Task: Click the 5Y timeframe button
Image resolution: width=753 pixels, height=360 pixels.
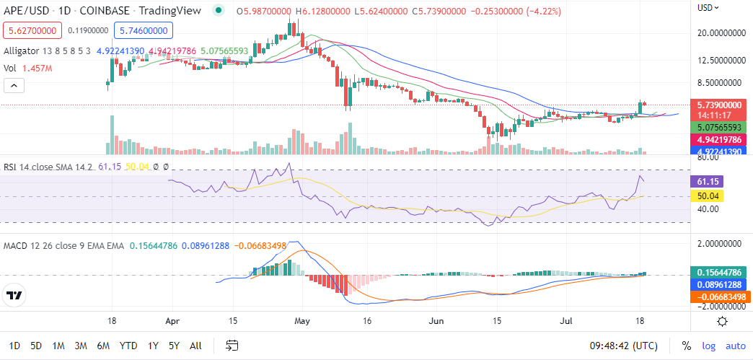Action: [175, 346]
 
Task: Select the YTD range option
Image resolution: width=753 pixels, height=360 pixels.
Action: [128, 346]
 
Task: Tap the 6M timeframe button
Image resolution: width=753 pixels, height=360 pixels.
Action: [103, 346]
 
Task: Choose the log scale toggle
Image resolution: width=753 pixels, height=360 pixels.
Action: [708, 346]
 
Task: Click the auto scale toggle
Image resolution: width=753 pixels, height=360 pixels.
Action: [735, 346]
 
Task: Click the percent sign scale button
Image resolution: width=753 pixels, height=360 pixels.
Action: [686, 346]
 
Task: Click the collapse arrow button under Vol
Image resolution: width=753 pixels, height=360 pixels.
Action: [14, 86]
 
